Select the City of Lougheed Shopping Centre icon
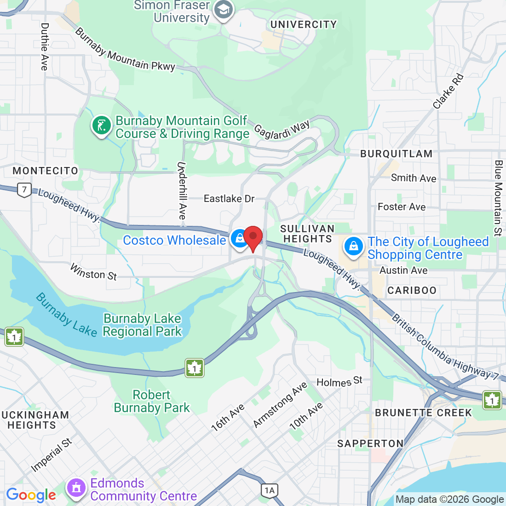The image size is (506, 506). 353,246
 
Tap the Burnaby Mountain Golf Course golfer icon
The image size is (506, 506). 102,126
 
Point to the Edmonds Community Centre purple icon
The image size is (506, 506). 76,489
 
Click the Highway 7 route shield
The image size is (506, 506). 24,190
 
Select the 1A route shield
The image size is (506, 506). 270,490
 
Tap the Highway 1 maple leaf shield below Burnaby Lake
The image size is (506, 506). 195,368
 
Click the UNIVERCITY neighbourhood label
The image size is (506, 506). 304,24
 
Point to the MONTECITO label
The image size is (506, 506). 46,171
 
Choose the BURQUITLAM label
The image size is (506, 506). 396,154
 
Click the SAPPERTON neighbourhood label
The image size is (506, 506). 370,443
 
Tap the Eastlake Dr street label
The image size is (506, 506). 229,199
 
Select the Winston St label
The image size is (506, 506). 93,272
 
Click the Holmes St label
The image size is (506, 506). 339,382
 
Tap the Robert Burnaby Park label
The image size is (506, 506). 152,401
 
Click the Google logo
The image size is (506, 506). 31,495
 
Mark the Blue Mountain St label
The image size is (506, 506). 498,198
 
